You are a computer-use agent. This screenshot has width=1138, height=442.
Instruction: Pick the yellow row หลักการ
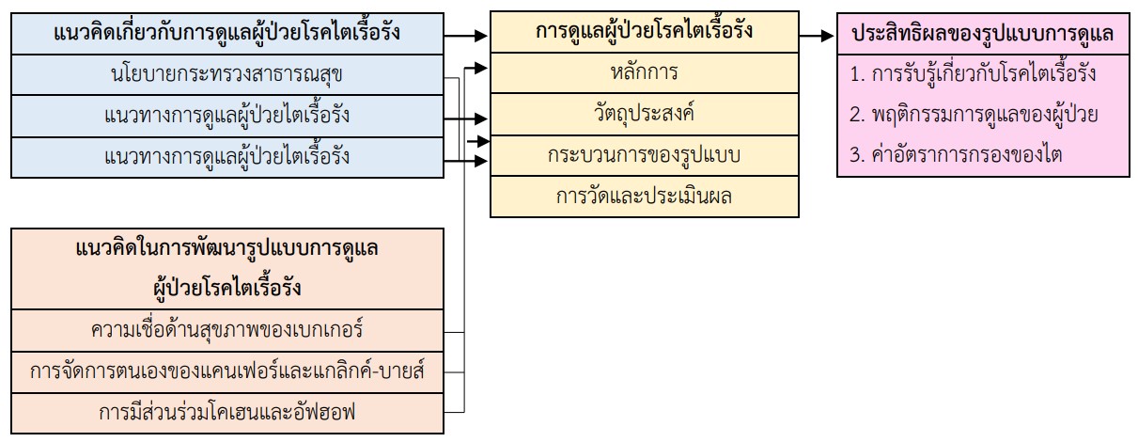[x=644, y=71]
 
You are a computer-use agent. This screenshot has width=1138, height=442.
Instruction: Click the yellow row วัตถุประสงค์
[x=644, y=114]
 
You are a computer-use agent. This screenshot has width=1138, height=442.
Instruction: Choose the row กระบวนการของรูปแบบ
[x=644, y=155]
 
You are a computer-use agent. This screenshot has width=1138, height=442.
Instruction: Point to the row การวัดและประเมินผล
[x=644, y=197]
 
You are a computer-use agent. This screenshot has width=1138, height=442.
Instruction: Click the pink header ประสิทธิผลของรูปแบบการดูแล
[x=983, y=35]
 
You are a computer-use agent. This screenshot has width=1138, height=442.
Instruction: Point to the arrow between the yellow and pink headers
[x=817, y=36]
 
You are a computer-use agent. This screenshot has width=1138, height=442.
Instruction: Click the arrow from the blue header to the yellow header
[x=466, y=36]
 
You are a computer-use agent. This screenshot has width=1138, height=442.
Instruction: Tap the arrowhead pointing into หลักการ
[x=483, y=67]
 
